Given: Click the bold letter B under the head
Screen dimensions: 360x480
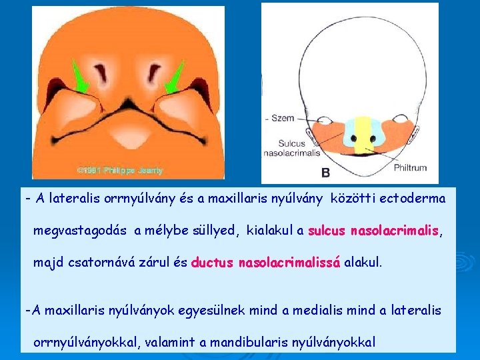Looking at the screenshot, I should pos(326,173).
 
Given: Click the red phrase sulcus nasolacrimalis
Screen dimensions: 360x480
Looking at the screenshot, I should pos(373,231).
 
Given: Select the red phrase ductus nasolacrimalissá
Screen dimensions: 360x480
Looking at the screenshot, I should pos(266,262).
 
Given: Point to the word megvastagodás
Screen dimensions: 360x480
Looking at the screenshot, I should pos(81,231).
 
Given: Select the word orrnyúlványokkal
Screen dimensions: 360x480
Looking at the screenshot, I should pos(87,342).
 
